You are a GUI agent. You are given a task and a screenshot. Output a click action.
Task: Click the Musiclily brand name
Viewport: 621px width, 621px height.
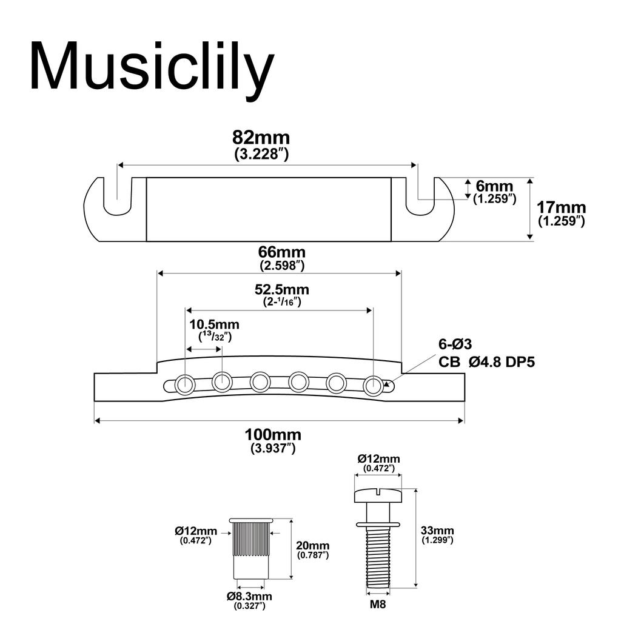(152, 67)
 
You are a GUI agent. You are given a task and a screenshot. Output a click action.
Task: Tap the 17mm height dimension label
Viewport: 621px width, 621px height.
(560, 207)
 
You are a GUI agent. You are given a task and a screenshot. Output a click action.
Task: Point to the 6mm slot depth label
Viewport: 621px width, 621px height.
(494, 187)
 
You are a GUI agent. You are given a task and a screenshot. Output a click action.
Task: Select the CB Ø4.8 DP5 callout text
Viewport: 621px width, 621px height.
(486, 363)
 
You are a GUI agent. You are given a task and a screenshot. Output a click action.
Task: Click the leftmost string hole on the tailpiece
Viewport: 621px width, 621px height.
(184, 383)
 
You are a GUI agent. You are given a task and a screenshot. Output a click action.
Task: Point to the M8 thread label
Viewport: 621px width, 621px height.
(377, 605)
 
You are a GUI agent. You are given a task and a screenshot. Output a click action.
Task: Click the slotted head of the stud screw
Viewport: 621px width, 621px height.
(377, 495)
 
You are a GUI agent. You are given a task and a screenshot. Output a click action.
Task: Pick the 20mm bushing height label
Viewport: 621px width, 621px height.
(313, 546)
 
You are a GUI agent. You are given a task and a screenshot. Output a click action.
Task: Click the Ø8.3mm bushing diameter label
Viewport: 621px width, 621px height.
(250, 596)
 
